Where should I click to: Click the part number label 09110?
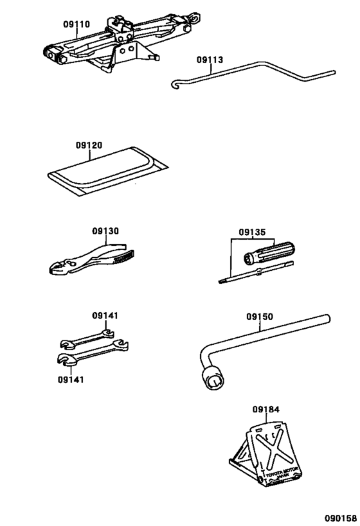pos(76,25)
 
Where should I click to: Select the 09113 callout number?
pos(210,60)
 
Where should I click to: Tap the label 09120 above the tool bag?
pos(89,146)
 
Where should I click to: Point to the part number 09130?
pos(105,231)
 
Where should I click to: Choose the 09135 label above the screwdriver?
pos(252,232)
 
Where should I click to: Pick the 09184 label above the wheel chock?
pos(265,409)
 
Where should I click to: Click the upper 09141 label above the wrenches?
pos(105,315)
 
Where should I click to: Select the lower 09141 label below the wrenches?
pos(70,380)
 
